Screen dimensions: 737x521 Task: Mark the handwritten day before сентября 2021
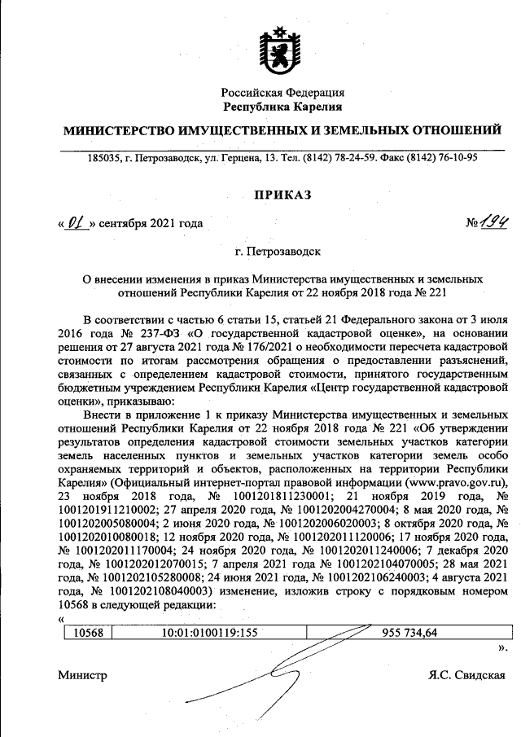tap(77, 222)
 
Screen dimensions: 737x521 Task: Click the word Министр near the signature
tap(82, 675)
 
